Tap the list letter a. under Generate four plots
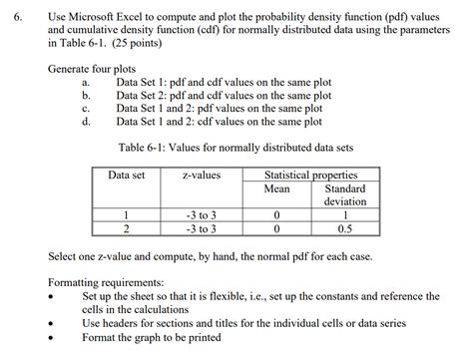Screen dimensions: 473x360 coord(87,83)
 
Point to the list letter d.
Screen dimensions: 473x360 coord(87,122)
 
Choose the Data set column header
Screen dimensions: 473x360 coord(127,176)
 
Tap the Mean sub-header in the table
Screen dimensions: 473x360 coord(275,188)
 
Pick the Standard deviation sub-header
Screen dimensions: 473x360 coord(345,194)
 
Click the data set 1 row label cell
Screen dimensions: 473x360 coord(127,215)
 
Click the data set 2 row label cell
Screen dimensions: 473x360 coord(127,228)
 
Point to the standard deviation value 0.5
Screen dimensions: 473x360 coord(345,228)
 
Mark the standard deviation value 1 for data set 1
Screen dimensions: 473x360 coord(345,215)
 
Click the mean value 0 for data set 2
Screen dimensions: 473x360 coord(275,228)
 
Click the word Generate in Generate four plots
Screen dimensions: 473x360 coord(73,70)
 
